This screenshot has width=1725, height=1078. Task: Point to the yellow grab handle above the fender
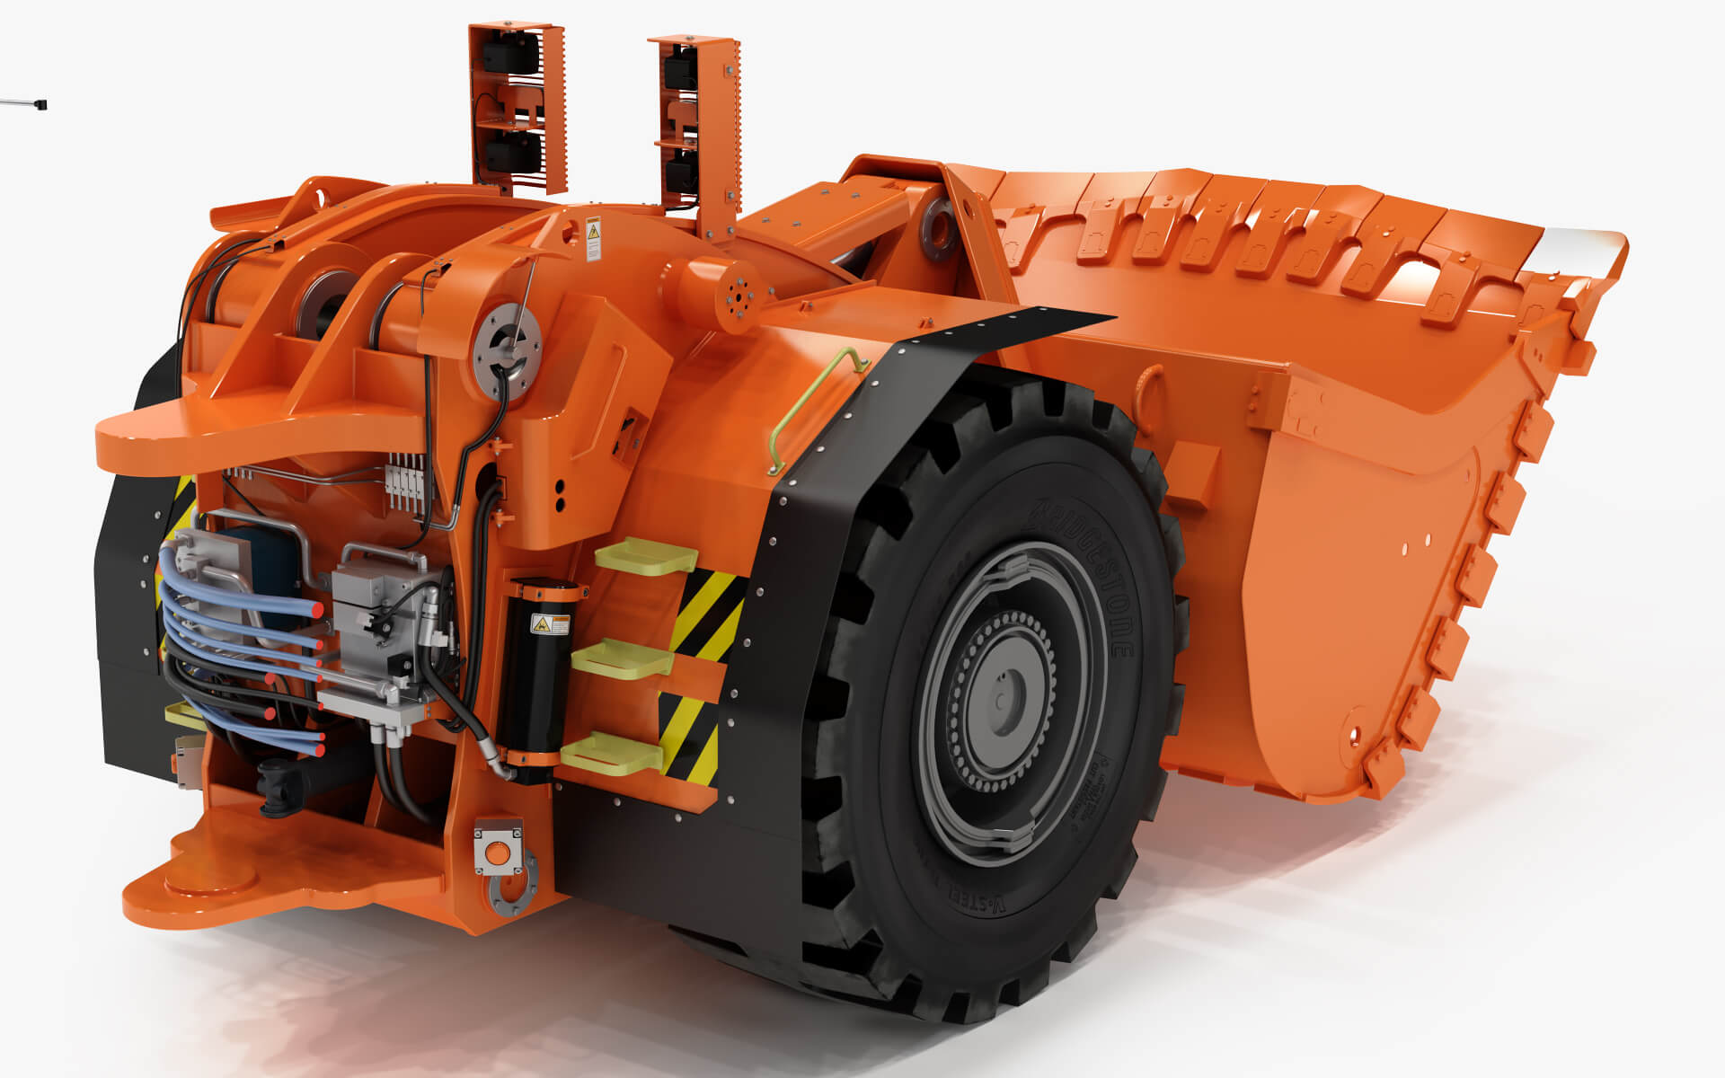coord(814,404)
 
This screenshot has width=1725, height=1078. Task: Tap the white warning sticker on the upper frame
coord(593,237)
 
